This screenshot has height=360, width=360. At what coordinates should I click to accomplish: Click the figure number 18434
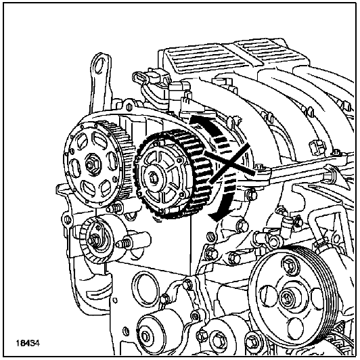pos(28,344)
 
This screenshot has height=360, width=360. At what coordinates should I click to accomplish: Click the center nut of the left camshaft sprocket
pos(92,164)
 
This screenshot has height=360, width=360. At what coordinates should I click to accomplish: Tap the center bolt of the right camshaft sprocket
pos(154,178)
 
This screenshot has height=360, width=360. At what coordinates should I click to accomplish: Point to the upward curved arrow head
pos(195,121)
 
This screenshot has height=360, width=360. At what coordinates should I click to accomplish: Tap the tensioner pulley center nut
pos(93,240)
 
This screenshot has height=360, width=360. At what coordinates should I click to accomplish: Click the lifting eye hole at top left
pos(101,64)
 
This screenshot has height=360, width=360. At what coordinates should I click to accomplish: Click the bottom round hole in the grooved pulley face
pos(294,326)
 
